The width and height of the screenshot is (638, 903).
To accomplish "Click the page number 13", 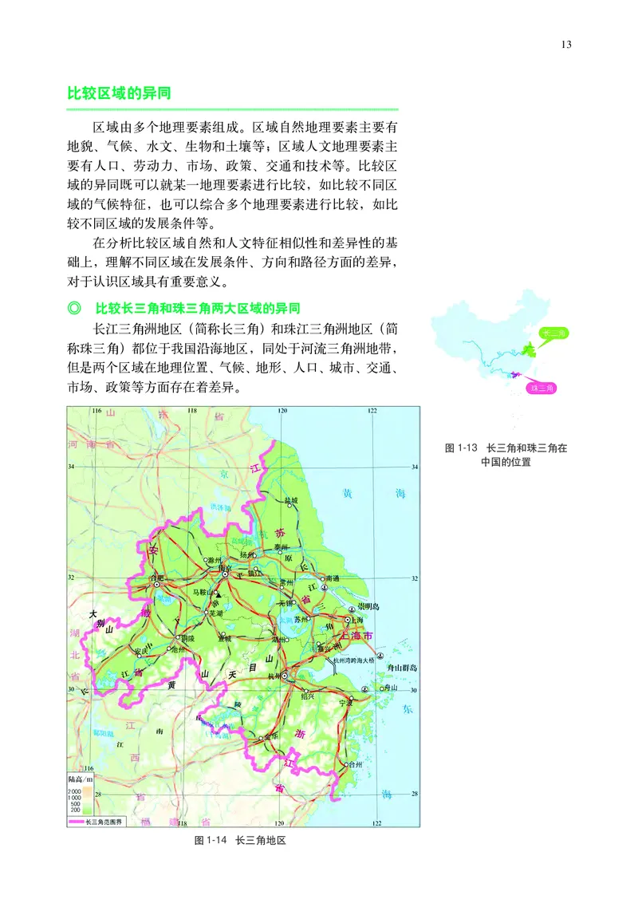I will pos(566,44).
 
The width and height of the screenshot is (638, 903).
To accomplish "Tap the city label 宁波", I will pos(345,702).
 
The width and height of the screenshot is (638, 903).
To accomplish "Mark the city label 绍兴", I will pos(307,694).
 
